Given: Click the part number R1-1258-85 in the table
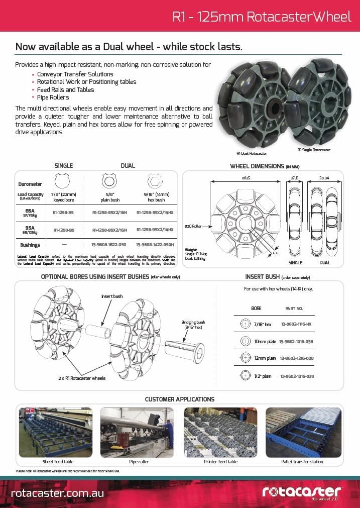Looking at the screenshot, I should pyautogui.click(x=63, y=213).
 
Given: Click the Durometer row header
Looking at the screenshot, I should pyautogui.click(x=30, y=184).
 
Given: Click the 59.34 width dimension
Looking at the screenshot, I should pyautogui.click(x=325, y=177).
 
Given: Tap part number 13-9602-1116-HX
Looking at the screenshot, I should pyautogui.click(x=297, y=325).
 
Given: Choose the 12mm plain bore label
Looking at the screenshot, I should pyautogui.click(x=265, y=358).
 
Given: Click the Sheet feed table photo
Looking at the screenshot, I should pyautogui.click(x=55, y=432).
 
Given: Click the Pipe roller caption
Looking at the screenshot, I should pyautogui.click(x=139, y=461).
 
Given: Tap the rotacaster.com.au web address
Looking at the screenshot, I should pyautogui.click(x=57, y=493).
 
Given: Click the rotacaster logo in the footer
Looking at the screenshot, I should pyautogui.click(x=301, y=492).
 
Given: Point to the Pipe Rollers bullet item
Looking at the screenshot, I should pyautogui.click(x=53, y=97).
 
